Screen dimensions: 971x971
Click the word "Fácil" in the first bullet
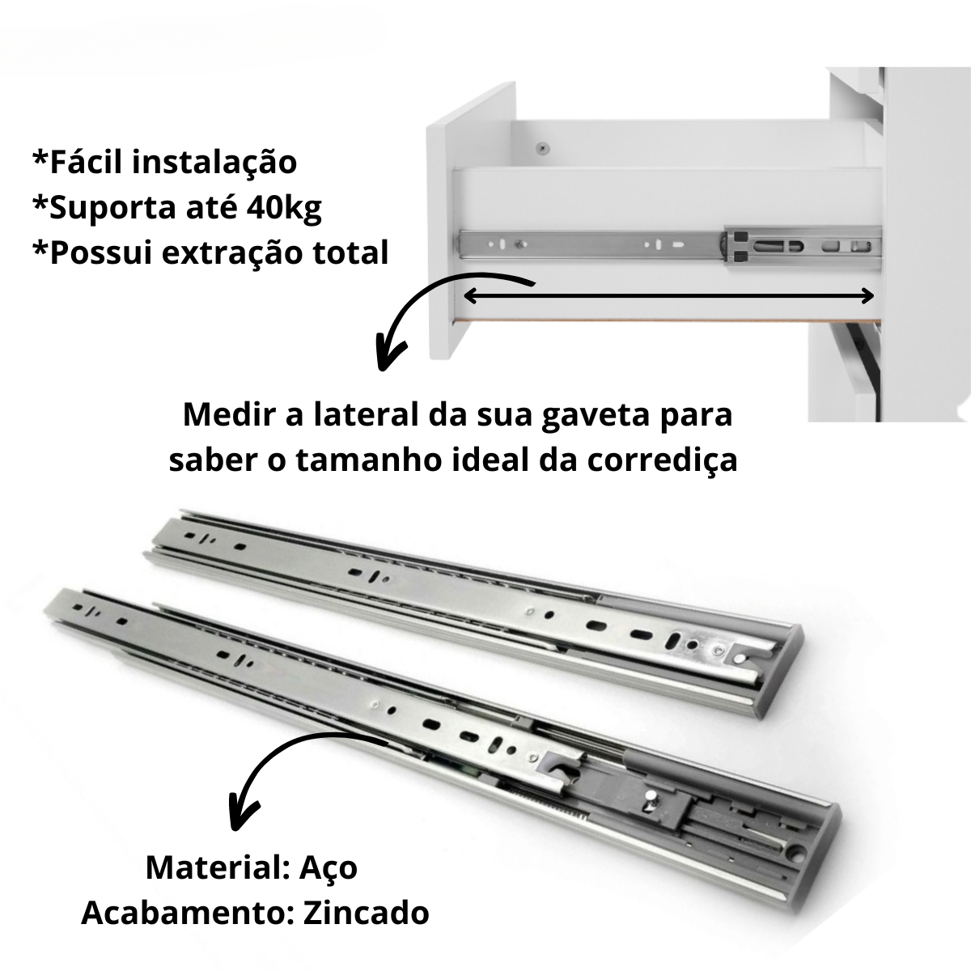pyautogui.click(x=86, y=162)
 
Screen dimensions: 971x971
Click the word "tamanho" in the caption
pyautogui.click(x=363, y=460)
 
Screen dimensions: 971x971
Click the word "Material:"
pyautogui.click(x=215, y=867)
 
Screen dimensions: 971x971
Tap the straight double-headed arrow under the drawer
pyautogui.click(x=668, y=296)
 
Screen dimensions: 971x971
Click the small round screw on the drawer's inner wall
pyautogui.click(x=543, y=148)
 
